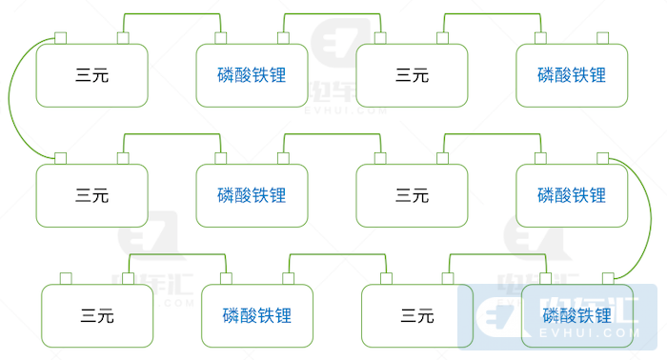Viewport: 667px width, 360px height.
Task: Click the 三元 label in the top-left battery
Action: pos(91,75)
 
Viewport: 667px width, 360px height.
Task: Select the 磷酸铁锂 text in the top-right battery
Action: pos(572,75)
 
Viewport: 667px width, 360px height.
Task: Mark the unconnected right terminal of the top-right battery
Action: pos(602,37)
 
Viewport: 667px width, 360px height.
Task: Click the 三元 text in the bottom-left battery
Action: pos(97,315)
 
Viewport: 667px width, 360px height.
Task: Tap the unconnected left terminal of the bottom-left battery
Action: pos(66,278)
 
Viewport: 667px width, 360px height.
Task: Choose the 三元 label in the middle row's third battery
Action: pos(412,195)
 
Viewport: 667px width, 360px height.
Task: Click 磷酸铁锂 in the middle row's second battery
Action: pos(252,195)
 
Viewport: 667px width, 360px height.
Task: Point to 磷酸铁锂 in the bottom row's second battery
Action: pos(257,315)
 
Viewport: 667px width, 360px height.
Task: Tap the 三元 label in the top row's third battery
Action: pos(412,75)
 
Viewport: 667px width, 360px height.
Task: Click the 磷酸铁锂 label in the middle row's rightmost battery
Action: pos(572,195)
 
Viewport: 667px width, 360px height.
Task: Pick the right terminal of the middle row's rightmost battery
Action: pos(602,157)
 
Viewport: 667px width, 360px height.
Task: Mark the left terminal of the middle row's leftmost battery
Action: pos(59,157)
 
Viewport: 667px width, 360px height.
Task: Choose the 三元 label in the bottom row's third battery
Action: pos(417,315)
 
